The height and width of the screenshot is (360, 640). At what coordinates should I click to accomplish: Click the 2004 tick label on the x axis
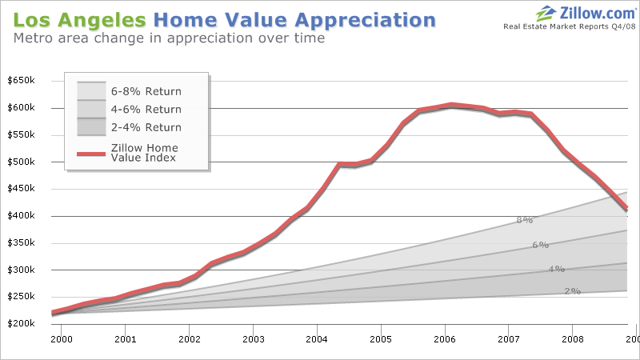[x=317, y=339]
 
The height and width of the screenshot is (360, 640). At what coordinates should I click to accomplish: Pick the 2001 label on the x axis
[x=125, y=339]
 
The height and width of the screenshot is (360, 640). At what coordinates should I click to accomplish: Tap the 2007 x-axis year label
[x=509, y=339]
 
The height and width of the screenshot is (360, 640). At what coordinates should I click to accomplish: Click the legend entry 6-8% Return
[x=146, y=91]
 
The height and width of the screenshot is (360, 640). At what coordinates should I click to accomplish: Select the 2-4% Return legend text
[x=146, y=127]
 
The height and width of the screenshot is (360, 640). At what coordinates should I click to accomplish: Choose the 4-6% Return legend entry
[x=146, y=110]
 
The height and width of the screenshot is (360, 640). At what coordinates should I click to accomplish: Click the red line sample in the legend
[x=91, y=152]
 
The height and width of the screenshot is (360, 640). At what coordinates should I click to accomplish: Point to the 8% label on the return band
[x=524, y=220]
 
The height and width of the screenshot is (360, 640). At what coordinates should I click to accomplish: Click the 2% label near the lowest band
[x=572, y=291]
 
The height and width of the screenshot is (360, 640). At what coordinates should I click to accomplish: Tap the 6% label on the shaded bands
[x=540, y=245]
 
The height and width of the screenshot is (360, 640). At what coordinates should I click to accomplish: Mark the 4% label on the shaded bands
[x=556, y=269]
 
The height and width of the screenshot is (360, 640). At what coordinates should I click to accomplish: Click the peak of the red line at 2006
[x=452, y=105]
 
